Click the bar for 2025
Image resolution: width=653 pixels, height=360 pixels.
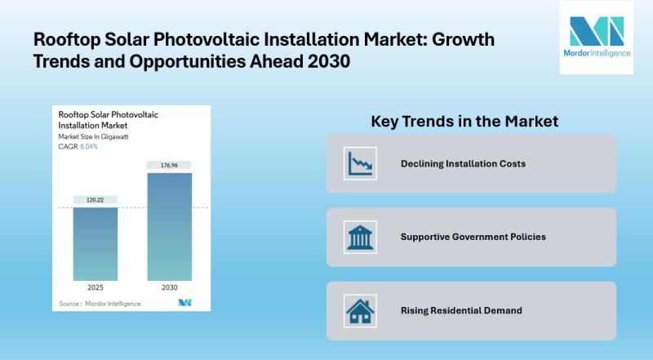(95, 242)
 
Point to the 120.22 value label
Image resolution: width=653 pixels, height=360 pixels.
(95, 198)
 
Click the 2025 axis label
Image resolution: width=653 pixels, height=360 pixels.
(95, 287)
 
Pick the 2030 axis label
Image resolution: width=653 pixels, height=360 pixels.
(170, 287)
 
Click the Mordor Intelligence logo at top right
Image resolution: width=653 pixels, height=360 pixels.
(596, 38)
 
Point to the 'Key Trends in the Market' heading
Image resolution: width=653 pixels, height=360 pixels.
(464, 121)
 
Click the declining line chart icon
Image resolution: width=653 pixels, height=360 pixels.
(359, 163)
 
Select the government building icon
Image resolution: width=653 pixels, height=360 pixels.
(359, 237)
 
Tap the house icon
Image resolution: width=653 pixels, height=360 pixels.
(359, 310)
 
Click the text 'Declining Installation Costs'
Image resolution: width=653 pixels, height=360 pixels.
(463, 164)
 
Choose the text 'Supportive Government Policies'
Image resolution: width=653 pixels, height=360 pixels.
(473, 237)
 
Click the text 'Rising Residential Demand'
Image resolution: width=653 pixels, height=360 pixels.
(460, 310)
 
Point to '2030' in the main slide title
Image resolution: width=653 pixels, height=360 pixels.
(327, 62)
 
